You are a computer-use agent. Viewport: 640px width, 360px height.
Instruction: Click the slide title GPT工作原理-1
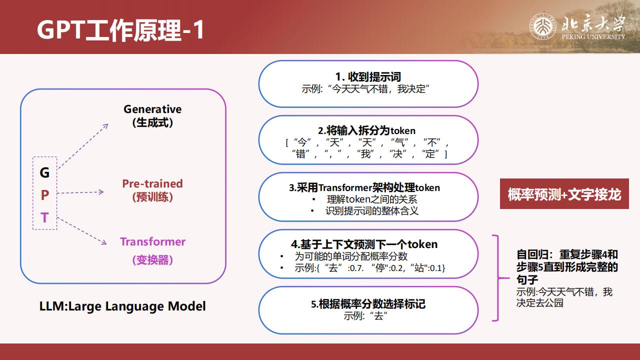[x=120, y=29]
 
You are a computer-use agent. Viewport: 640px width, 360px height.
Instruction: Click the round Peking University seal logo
[x=543, y=26]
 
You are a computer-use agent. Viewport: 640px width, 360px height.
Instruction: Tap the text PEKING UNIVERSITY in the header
[x=593, y=37]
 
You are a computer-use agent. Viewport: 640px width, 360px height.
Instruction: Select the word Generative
[x=152, y=109]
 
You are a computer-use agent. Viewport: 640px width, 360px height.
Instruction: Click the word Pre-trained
[x=152, y=183]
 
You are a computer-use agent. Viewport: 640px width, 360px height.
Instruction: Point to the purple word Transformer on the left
[x=152, y=241]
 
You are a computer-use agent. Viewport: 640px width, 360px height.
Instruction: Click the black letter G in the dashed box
[x=44, y=172]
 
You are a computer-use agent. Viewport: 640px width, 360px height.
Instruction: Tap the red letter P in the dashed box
[x=45, y=195]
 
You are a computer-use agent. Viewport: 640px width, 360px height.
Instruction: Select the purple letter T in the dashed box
[x=44, y=217]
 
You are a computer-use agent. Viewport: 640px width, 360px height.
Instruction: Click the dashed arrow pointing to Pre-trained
[x=80, y=192]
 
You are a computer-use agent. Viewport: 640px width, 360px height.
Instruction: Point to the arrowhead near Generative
[x=105, y=126]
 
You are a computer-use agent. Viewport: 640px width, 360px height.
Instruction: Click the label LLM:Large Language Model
[x=122, y=306]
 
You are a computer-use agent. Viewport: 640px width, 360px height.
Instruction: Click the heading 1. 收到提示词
[x=368, y=77]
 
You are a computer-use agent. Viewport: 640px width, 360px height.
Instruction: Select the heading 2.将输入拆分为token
[x=366, y=130]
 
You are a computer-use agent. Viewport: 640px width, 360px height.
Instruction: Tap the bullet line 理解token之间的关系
[x=371, y=199]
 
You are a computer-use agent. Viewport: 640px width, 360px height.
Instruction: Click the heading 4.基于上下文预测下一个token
[x=364, y=244]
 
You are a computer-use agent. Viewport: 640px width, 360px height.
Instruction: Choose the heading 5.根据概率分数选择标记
[x=368, y=304]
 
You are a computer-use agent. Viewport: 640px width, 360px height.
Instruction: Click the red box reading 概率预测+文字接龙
[x=564, y=194]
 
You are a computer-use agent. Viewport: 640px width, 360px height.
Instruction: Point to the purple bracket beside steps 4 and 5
[x=498, y=277]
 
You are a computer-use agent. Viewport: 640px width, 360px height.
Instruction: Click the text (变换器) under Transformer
[x=152, y=260]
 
